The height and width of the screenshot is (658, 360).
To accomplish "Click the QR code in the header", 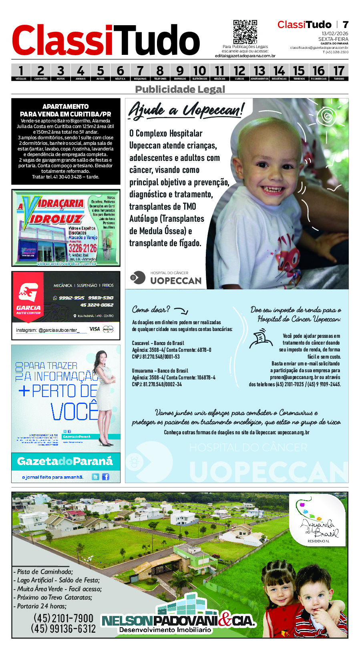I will (245, 32).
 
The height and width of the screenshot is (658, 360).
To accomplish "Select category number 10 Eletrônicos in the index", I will (200, 72).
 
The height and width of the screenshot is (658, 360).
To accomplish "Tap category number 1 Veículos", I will (21, 72).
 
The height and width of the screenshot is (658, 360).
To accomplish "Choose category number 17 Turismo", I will (339, 72).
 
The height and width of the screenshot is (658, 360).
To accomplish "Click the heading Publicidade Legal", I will (180, 89).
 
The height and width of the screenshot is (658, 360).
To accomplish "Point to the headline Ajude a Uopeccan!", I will (185, 110).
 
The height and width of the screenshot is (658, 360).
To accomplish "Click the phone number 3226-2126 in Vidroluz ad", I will (82, 248).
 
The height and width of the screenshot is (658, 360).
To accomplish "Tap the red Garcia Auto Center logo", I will (28, 298).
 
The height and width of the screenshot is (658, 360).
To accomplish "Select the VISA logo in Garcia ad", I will (95, 329).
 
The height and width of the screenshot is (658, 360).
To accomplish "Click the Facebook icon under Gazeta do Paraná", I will (105, 477).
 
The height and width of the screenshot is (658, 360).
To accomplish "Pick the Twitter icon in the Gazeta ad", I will (95, 477).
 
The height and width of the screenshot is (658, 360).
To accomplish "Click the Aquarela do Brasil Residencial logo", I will (318, 521).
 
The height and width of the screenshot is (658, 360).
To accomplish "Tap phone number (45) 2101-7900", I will (63, 618).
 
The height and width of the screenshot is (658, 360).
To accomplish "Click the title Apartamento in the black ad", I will (66, 106).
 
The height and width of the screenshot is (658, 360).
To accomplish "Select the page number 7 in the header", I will (345, 25).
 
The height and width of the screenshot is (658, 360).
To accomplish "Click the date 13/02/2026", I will (335, 34).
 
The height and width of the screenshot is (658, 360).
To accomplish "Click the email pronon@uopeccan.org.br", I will (294, 377).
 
